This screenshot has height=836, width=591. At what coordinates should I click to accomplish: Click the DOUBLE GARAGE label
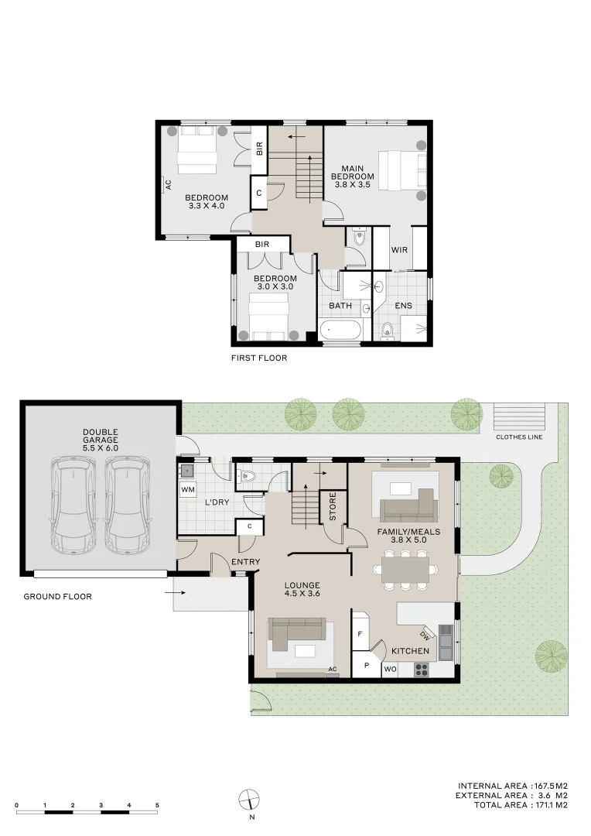[101, 439]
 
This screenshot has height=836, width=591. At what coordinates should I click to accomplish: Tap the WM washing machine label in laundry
[187, 489]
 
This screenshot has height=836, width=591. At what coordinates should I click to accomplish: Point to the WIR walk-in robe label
[399, 250]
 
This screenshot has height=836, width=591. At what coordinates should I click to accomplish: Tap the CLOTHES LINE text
[520, 437]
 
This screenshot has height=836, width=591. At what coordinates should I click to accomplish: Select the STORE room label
[333, 506]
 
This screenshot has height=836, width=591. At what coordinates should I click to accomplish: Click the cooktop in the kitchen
[422, 670]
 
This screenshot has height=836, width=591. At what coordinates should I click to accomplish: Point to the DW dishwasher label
[426, 636]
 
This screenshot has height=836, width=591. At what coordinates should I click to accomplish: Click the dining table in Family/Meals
[405, 570]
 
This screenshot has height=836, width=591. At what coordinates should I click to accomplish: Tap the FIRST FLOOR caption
[259, 358]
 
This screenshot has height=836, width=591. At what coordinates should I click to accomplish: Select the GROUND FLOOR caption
[57, 597]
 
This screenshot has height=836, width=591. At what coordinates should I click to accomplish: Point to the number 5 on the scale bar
[157, 805]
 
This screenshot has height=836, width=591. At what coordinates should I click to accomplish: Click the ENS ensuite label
[403, 306]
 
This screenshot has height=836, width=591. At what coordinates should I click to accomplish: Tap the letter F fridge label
[360, 634]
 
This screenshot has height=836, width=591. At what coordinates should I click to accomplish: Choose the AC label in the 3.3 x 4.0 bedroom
[167, 185]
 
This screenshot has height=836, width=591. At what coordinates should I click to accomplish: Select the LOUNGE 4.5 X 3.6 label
[302, 589]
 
